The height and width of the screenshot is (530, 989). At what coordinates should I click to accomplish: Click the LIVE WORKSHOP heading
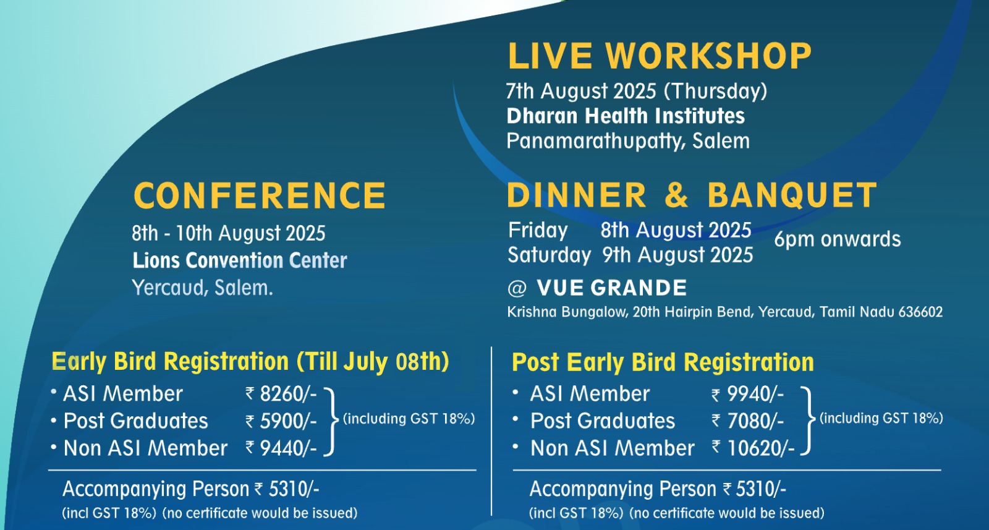[x=660, y=56]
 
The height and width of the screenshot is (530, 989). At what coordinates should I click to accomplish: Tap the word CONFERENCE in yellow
[x=260, y=195]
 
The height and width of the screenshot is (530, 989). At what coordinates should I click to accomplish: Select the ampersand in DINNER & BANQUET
[x=676, y=195]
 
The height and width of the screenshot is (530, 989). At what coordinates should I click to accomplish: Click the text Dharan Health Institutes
[x=626, y=116]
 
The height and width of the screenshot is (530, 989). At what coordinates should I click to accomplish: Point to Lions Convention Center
[x=240, y=260]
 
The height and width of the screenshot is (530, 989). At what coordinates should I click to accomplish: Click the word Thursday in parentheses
[x=716, y=92]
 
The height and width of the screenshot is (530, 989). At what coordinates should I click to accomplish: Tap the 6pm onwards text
[x=838, y=239]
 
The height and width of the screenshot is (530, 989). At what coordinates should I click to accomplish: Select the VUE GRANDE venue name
[x=612, y=288]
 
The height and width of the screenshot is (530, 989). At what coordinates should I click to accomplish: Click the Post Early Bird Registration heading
[x=663, y=362]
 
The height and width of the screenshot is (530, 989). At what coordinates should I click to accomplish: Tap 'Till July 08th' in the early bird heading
[x=373, y=362]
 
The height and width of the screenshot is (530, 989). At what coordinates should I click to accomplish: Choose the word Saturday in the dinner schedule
[x=549, y=255]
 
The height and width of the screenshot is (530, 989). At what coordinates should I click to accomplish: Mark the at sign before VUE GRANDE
[x=517, y=288]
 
